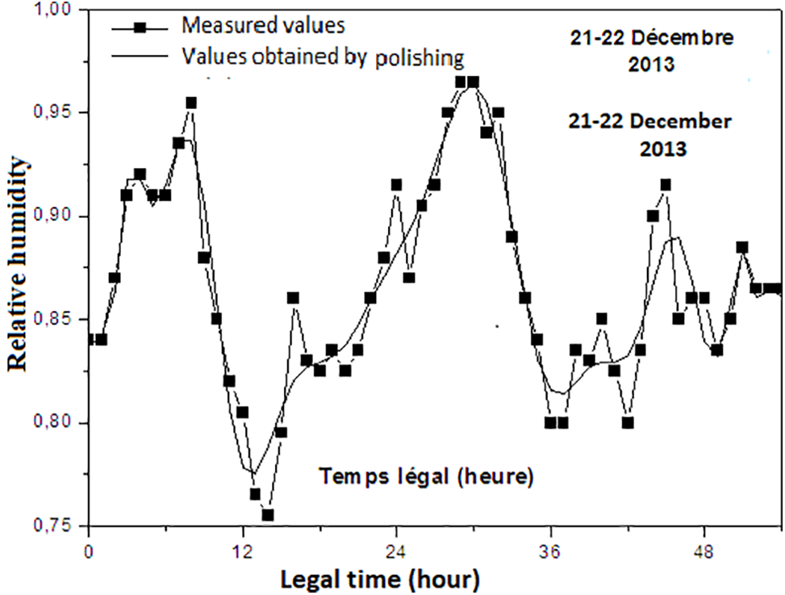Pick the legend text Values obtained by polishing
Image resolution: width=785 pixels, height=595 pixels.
coord(323,57)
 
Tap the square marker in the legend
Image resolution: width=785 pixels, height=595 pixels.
coord(140,27)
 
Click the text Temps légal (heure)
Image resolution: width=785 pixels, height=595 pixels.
coord(424,476)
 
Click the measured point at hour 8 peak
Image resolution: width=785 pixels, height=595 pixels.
coord(191,103)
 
